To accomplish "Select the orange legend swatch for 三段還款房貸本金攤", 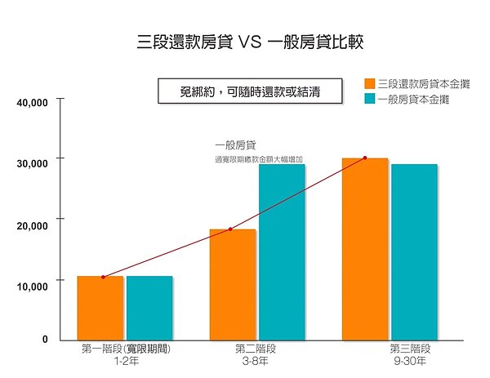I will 369,83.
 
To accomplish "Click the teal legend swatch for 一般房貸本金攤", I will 369,99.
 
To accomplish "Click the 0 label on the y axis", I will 46,339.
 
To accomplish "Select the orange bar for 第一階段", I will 100,308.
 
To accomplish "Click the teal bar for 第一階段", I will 149,308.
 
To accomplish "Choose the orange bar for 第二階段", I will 232,284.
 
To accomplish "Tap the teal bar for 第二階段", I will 282,251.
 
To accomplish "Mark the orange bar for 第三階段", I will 364,248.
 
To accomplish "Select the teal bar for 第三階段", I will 414,251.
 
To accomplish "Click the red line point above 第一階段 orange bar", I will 103,277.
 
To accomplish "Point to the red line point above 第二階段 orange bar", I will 231,229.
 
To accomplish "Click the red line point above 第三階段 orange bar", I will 365,158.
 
